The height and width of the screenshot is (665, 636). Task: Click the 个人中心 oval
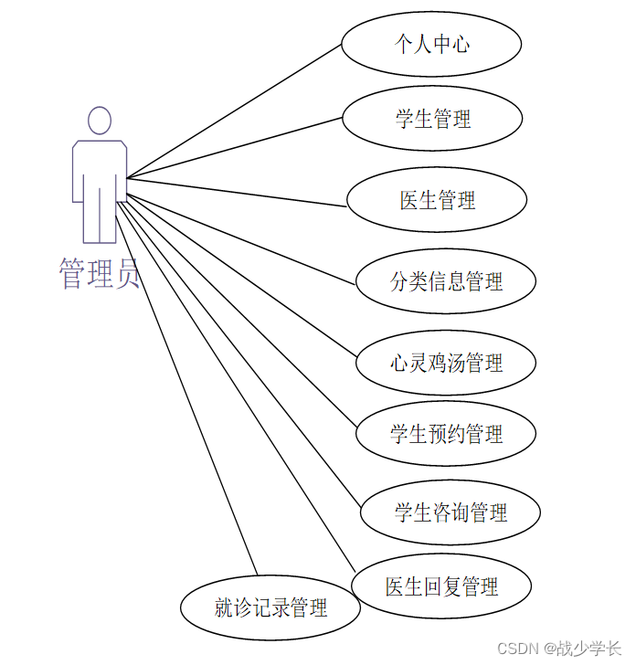pos(431,44)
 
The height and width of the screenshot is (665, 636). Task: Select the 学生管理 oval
pos(432,119)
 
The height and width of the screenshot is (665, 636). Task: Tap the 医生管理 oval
pos(437,200)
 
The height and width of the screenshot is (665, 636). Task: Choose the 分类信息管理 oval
pos(445,281)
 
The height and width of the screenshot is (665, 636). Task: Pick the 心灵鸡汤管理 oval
pos(445,363)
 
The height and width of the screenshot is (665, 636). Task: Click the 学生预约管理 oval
pos(445,434)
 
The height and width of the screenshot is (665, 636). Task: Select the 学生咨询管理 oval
pos(450,512)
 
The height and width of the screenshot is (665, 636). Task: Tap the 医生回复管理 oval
pos(441,586)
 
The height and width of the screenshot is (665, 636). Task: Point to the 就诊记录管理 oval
pos(270,607)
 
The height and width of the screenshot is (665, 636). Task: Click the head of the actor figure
pos(99,121)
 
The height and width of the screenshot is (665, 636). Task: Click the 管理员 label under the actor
pos(99,273)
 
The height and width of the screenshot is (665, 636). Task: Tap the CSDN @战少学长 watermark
pos(559,648)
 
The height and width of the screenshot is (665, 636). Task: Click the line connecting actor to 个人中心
pos(234,111)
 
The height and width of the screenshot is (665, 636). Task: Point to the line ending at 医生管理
pos(238,193)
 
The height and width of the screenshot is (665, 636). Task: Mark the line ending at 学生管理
pos(234,148)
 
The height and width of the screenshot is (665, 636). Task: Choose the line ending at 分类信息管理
pos(242,231)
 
